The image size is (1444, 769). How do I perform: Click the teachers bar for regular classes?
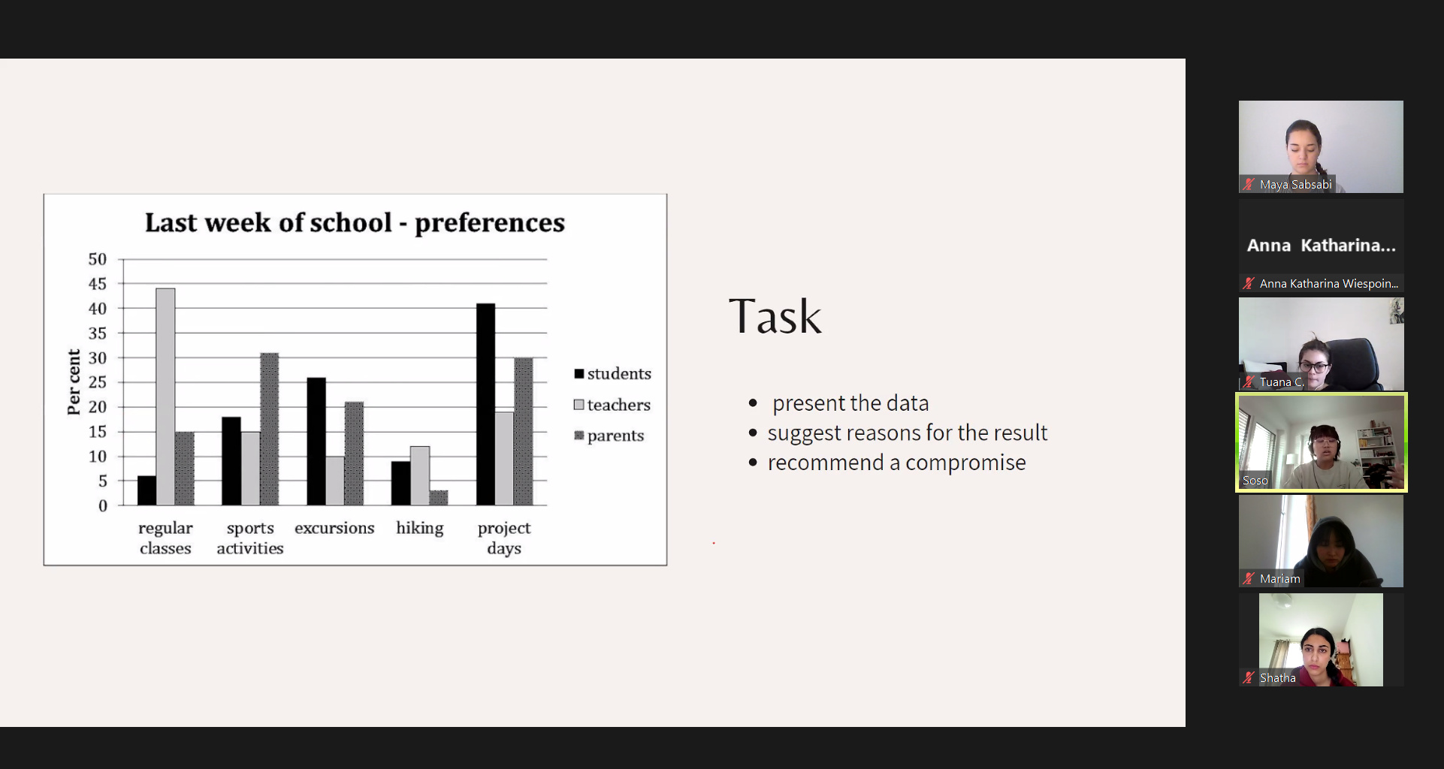pos(165,397)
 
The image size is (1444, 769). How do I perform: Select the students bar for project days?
pos(485,404)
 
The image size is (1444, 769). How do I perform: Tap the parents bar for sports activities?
pos(269,429)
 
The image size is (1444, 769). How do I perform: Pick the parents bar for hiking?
pos(439,498)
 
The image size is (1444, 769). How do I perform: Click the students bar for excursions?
pos(316,442)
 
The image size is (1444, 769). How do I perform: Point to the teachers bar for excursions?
pos(335,481)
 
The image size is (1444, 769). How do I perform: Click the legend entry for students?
pos(612,374)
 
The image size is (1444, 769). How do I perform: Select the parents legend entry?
pos(609,436)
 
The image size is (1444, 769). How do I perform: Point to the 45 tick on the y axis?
pos(98,284)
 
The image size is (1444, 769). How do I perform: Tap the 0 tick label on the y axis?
pos(103,506)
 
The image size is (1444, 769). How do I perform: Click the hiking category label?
pos(420,528)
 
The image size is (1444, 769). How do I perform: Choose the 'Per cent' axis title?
pos(74,382)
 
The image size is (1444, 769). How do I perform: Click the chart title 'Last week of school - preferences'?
pos(355,222)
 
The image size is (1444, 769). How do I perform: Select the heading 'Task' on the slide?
pos(775,316)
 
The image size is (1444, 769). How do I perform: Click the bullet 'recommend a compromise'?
pos(896,463)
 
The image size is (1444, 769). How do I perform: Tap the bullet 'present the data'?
pos(850,403)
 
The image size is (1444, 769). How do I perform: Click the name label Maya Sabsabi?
pos(1295,185)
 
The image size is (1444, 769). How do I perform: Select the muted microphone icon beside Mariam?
pos(1249,578)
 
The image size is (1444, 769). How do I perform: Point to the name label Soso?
pos(1255,481)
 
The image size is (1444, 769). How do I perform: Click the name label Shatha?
pos(1277,678)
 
